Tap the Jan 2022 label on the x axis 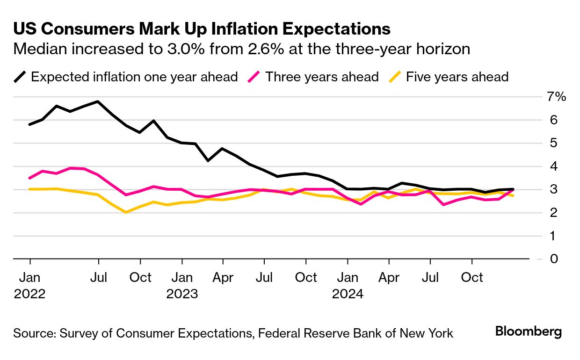[x=29, y=285]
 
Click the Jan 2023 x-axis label [x=181, y=285]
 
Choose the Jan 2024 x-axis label [x=348, y=285]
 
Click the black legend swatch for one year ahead [x=20, y=77]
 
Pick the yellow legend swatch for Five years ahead [x=396, y=77]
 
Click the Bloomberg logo [x=528, y=332]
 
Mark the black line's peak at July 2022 [x=98, y=101]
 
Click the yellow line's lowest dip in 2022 [x=126, y=212]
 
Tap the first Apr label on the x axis [x=223, y=277]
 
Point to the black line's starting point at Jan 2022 [x=30, y=124]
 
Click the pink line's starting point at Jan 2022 [x=30, y=178]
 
